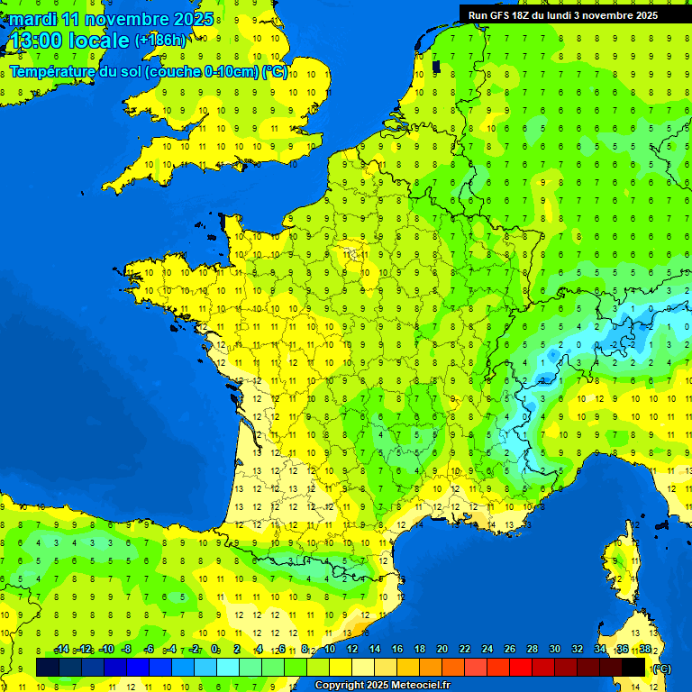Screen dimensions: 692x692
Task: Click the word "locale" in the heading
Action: point(99,41)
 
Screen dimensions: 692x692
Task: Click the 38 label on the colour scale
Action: point(645,650)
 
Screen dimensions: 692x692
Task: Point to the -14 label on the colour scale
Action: point(61,650)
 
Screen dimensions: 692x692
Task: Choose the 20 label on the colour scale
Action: point(442,650)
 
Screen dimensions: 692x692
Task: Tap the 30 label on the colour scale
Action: point(555,650)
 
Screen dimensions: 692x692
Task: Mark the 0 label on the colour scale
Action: point(215,650)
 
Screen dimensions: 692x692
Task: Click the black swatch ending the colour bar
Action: point(633,667)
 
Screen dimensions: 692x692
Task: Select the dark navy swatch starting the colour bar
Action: point(48,667)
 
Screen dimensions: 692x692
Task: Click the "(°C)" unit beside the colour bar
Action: point(661,668)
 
